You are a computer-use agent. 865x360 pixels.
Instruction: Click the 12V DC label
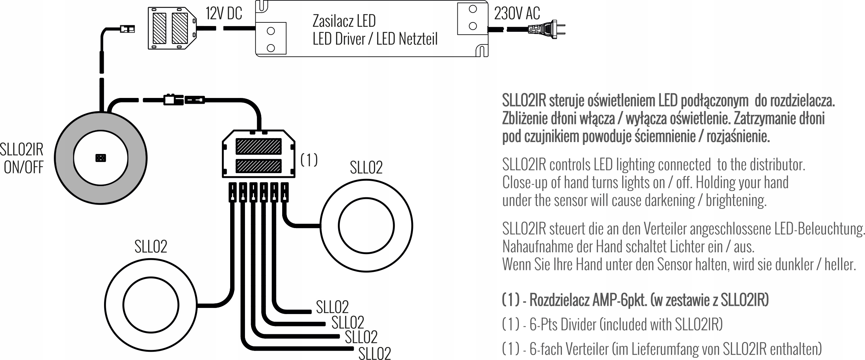tap(224, 14)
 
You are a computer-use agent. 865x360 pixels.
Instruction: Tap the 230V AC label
tap(517, 14)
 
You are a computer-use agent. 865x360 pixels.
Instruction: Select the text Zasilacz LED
tap(344, 21)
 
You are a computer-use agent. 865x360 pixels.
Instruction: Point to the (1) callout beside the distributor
tap(309, 160)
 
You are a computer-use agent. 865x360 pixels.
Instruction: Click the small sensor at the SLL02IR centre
tap(100, 158)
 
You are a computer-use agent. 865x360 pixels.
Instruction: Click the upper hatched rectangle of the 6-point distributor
tap(258, 146)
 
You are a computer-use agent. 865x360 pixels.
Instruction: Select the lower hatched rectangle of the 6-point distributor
tap(258, 166)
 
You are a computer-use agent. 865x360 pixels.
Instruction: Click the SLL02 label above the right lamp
tap(366, 167)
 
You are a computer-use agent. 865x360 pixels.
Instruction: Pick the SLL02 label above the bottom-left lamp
tap(151, 247)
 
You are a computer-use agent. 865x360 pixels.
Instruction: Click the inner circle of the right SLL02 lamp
tap(366, 226)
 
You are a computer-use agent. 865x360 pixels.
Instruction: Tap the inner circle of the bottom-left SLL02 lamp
tap(151, 305)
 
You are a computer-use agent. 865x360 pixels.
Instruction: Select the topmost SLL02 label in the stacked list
tap(332, 307)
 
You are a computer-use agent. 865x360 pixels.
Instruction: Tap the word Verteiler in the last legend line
tap(587, 349)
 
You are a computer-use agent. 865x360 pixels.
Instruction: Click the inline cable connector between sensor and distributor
tap(184, 99)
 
